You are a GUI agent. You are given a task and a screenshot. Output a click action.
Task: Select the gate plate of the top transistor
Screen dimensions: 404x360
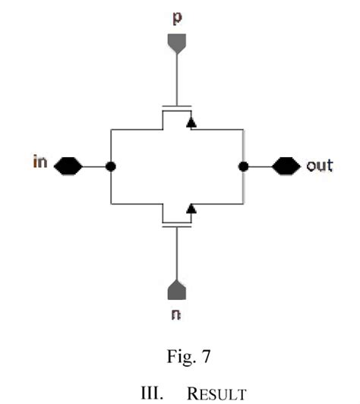176,106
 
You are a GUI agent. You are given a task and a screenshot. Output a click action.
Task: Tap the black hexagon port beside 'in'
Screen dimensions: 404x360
67,165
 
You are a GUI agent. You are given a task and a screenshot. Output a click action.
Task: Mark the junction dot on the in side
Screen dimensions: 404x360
111,166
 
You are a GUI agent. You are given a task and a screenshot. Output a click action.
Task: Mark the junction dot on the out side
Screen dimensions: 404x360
243,166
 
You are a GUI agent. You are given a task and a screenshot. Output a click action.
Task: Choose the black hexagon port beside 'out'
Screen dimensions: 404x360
286,166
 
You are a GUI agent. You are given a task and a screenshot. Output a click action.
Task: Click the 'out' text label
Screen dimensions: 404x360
319,166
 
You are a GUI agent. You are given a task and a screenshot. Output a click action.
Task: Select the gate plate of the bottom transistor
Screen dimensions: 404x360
176,226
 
